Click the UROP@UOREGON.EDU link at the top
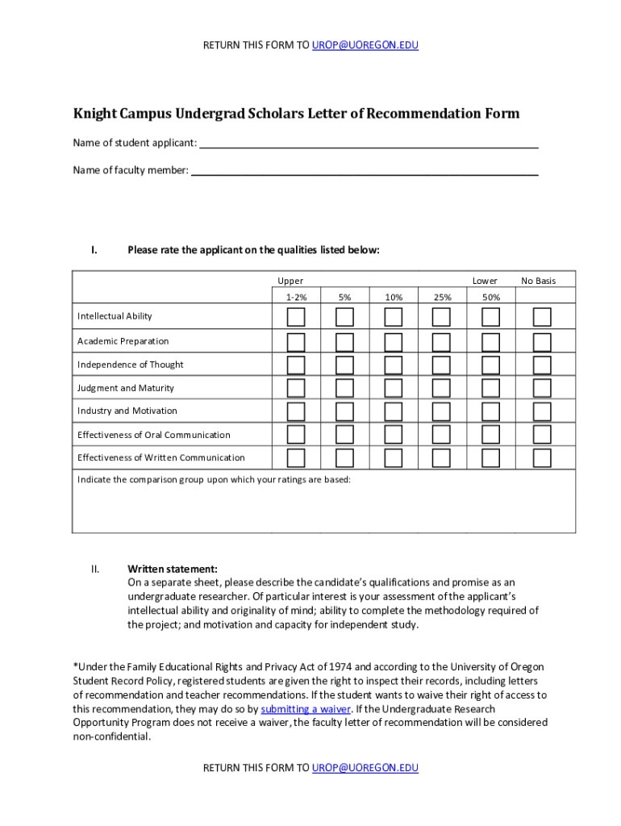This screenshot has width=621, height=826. point(365,45)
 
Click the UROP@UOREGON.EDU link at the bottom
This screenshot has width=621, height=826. point(365,768)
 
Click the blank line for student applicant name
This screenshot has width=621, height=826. point(369,144)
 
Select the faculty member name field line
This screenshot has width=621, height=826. point(365,170)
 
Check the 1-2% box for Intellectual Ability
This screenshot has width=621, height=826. point(296,315)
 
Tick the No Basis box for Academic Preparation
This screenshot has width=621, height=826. point(542,341)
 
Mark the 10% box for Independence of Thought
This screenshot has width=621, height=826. point(394,365)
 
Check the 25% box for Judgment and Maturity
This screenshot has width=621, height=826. point(441,388)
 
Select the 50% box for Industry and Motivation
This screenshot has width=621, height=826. point(490,411)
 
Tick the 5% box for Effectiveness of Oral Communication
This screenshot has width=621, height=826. point(344,435)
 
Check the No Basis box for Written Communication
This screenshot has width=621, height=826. point(542,458)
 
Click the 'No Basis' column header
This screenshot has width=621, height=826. point(538,281)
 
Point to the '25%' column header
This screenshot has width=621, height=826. point(442,297)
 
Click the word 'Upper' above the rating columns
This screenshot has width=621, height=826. point(290,281)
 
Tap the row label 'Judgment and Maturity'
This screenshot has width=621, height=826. point(126,388)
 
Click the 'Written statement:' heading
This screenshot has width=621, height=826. point(173,569)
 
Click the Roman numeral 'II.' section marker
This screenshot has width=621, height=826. point(95,569)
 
